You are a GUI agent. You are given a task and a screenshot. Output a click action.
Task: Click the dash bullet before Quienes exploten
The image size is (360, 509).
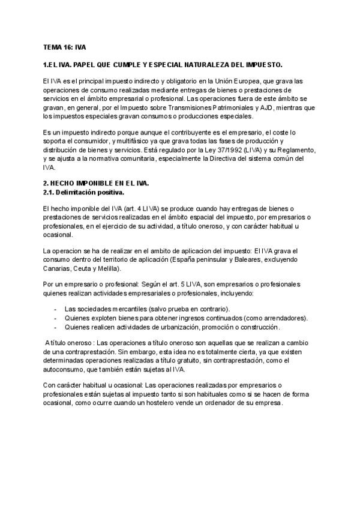click(55, 318)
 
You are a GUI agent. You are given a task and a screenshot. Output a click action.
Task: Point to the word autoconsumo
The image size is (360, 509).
click(67, 370)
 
